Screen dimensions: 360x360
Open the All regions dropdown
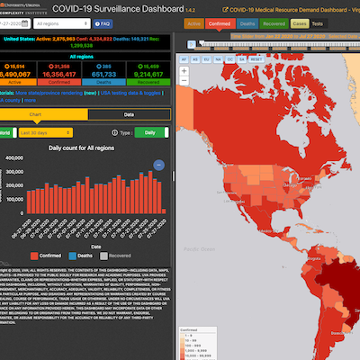[74, 24]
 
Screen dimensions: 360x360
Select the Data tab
[129, 114]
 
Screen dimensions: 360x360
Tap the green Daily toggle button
[150, 133]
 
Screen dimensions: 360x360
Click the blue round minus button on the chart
[158, 165]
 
